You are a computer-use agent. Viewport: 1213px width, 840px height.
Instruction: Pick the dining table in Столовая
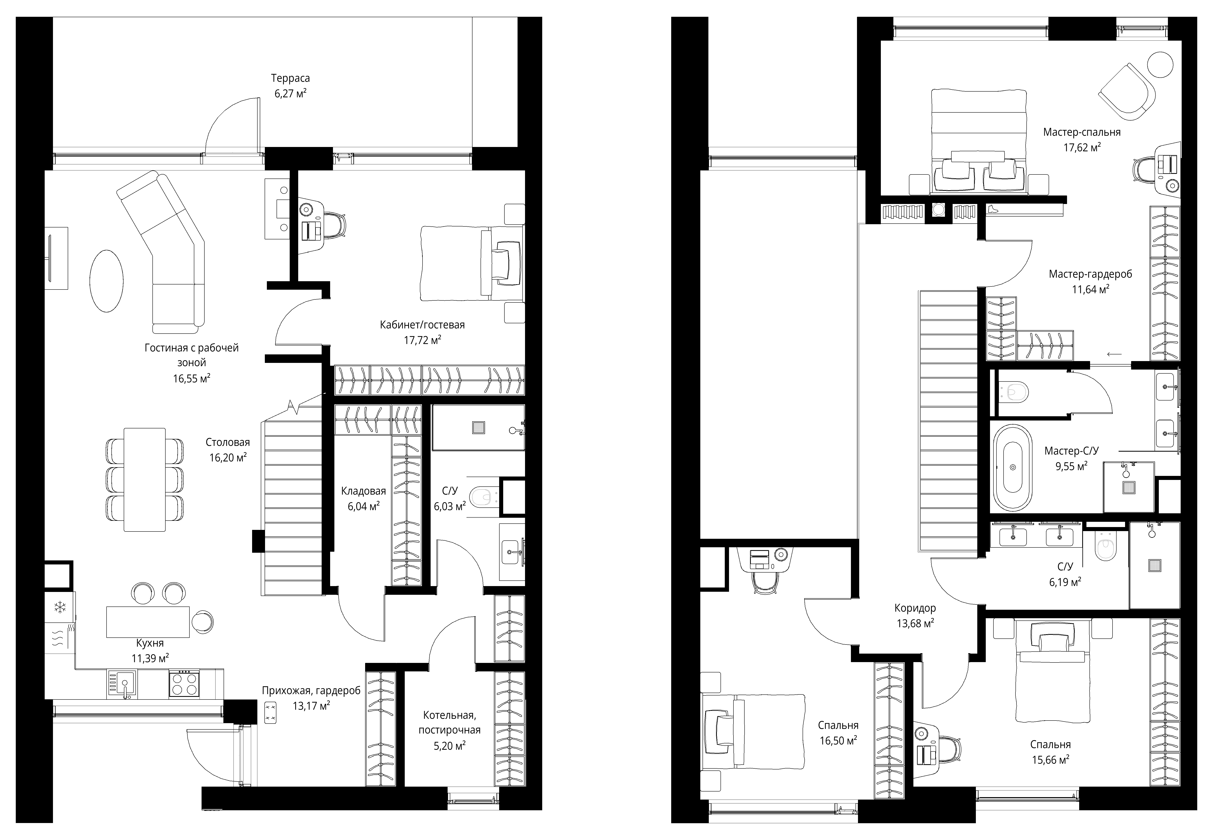pos(145,480)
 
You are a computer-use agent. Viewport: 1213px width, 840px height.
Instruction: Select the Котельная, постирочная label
pos(449,723)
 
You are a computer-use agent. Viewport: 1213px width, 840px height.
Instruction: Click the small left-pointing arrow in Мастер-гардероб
pos(1114,354)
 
